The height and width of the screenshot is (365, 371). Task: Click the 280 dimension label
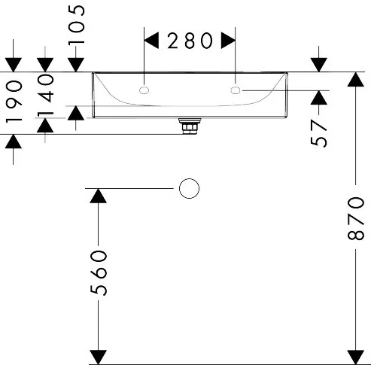coord(190,41)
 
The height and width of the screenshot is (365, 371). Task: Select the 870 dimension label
coord(356,218)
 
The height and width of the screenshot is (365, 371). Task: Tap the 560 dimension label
coord(99,272)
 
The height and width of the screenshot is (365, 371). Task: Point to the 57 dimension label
coord(318,133)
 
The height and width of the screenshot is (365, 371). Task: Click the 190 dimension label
coord(14,101)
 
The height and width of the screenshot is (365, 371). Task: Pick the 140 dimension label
coord(45,96)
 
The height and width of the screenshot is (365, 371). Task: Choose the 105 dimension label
coord(77,25)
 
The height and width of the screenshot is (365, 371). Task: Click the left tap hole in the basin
coord(144,90)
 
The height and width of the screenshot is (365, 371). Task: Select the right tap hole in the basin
coord(236,90)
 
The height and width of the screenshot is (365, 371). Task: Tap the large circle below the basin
coord(190,188)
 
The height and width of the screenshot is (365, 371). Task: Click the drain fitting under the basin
coord(190,126)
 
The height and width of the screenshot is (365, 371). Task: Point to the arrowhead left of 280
coord(151,40)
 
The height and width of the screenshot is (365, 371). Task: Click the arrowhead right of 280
coord(228,40)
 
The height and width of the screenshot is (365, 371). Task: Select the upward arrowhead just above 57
coord(319,97)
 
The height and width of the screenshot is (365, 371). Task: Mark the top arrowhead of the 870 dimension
coord(356,79)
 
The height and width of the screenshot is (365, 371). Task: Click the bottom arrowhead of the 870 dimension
coord(356,357)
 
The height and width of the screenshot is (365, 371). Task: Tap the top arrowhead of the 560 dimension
coord(98,196)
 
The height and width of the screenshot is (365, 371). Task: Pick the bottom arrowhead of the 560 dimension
coord(98,357)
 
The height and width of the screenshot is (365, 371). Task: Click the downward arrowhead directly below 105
coord(76,65)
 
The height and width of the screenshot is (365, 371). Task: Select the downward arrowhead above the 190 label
coord(14,65)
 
